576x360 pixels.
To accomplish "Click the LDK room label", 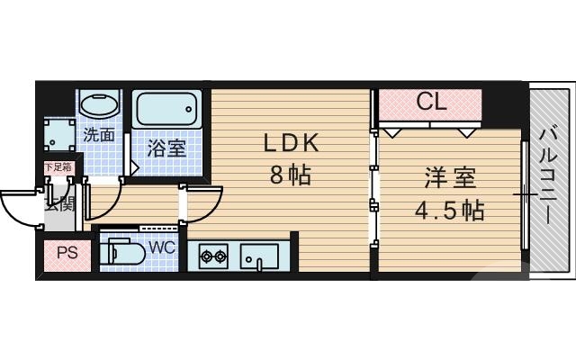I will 291,143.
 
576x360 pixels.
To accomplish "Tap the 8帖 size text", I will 291,175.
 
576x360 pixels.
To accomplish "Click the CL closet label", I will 431,103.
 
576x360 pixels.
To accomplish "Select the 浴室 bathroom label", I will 166,148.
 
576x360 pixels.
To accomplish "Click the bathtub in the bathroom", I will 166,108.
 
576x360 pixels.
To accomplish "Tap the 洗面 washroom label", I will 99,136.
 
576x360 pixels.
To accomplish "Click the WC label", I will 161,245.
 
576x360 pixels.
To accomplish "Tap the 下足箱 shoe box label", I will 58,166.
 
